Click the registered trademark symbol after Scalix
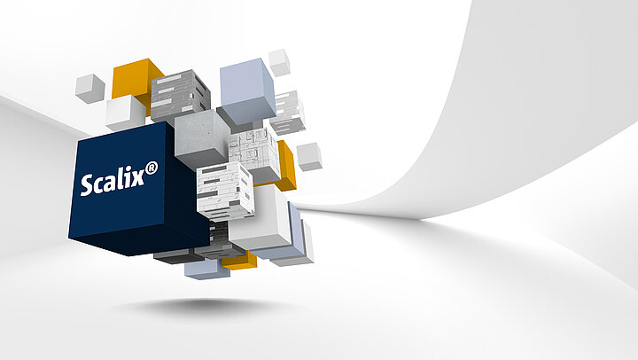[x=152, y=168]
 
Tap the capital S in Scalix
[x=87, y=185]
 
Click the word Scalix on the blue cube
[x=113, y=182]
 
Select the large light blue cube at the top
[x=248, y=91]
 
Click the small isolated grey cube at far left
[x=89, y=88]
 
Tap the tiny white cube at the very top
[x=279, y=63]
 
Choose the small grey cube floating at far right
[x=309, y=156]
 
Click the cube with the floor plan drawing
[x=254, y=152]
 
